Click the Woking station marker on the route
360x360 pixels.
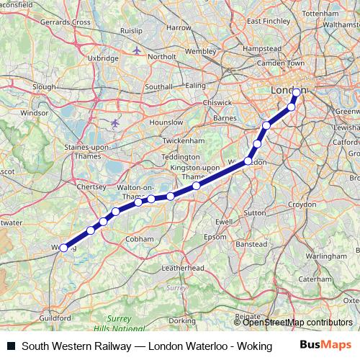[x=63, y=247]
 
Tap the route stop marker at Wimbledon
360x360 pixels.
[x=248, y=161]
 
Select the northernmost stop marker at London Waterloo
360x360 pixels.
[x=296, y=92]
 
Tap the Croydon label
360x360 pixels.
[x=302, y=204]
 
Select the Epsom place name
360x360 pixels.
[x=215, y=237]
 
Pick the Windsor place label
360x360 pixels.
[x=34, y=113]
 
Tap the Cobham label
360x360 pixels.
[x=139, y=239]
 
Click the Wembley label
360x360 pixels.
[x=201, y=52]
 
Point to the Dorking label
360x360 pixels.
[x=183, y=320]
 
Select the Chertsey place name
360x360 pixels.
[x=91, y=186]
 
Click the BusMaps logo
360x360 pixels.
[x=325, y=346]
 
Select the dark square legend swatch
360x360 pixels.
[x=11, y=346]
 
